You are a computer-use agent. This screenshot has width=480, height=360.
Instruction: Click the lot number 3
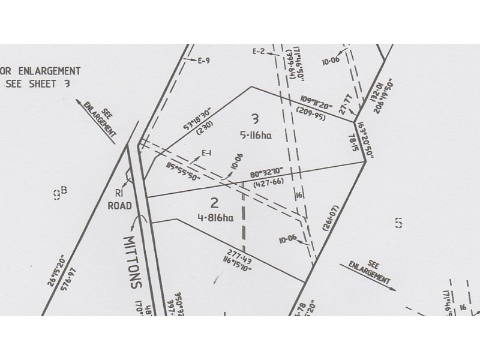pos(256,118)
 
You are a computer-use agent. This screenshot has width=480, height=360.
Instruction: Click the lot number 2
pos(213,201)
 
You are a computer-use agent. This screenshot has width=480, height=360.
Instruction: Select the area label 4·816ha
pos(215,218)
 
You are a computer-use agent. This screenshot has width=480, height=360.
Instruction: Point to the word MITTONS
pos(132,262)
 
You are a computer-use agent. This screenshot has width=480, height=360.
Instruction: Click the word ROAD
pos(119,205)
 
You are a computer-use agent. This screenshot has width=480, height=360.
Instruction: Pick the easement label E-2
pos(259,52)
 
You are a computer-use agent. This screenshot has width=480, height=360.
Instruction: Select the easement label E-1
pos(208,152)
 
